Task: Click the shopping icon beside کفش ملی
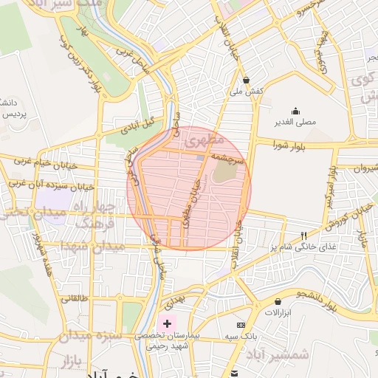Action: [245, 80]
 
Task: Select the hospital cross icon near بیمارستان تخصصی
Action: [167, 323]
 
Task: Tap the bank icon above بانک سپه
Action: [241, 325]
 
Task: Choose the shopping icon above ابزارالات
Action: [278, 302]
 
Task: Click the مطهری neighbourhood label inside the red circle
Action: [204, 138]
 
